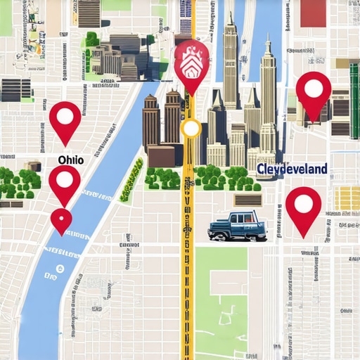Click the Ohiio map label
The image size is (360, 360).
(71, 160)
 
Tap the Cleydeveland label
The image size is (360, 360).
(291, 169)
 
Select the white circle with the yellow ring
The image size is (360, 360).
(191, 129)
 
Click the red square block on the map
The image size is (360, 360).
(313, 13)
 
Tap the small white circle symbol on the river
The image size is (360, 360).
(59, 269)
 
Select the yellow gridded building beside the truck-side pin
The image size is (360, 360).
(347, 199)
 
